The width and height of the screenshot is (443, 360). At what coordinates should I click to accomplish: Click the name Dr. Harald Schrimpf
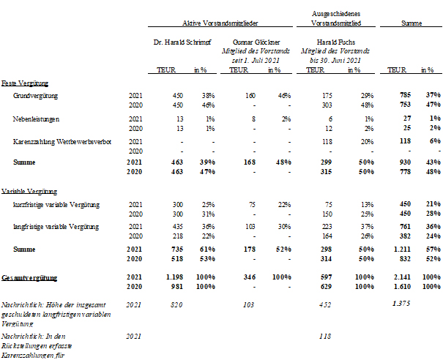tap(182, 42)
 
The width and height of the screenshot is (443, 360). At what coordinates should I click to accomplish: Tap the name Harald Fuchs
tap(335, 42)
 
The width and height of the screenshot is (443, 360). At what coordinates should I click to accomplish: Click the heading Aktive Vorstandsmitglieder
tap(220, 23)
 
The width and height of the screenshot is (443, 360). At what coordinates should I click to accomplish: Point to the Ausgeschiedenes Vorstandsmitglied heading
tap(336, 18)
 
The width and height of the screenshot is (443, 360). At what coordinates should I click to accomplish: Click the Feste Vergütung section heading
tap(25, 83)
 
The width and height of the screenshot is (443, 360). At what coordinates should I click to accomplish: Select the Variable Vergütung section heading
tap(29, 192)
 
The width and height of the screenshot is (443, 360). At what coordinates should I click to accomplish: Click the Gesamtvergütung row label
tap(29, 278)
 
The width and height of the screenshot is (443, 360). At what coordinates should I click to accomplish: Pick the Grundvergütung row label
tap(35, 96)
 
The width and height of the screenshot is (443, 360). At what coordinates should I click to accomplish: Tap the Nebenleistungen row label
tap(36, 119)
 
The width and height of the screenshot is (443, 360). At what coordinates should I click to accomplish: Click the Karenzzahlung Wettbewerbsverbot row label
tap(62, 141)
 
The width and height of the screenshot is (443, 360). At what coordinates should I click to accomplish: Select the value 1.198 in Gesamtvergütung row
tap(174, 277)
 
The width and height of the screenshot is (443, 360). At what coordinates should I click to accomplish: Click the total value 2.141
tap(402, 277)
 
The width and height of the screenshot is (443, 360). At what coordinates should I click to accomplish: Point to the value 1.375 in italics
tap(401, 304)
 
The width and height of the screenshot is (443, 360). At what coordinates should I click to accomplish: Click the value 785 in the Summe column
tap(405, 95)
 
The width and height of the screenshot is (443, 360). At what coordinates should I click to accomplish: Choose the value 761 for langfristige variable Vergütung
tap(405, 226)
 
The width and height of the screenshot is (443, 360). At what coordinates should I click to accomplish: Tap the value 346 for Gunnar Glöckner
tap(250, 277)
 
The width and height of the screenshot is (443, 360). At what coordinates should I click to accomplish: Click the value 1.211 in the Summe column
tap(402, 249)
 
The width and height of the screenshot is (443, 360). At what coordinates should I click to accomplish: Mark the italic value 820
tap(176, 304)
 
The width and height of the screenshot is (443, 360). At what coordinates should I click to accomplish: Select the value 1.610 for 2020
tap(402, 287)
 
